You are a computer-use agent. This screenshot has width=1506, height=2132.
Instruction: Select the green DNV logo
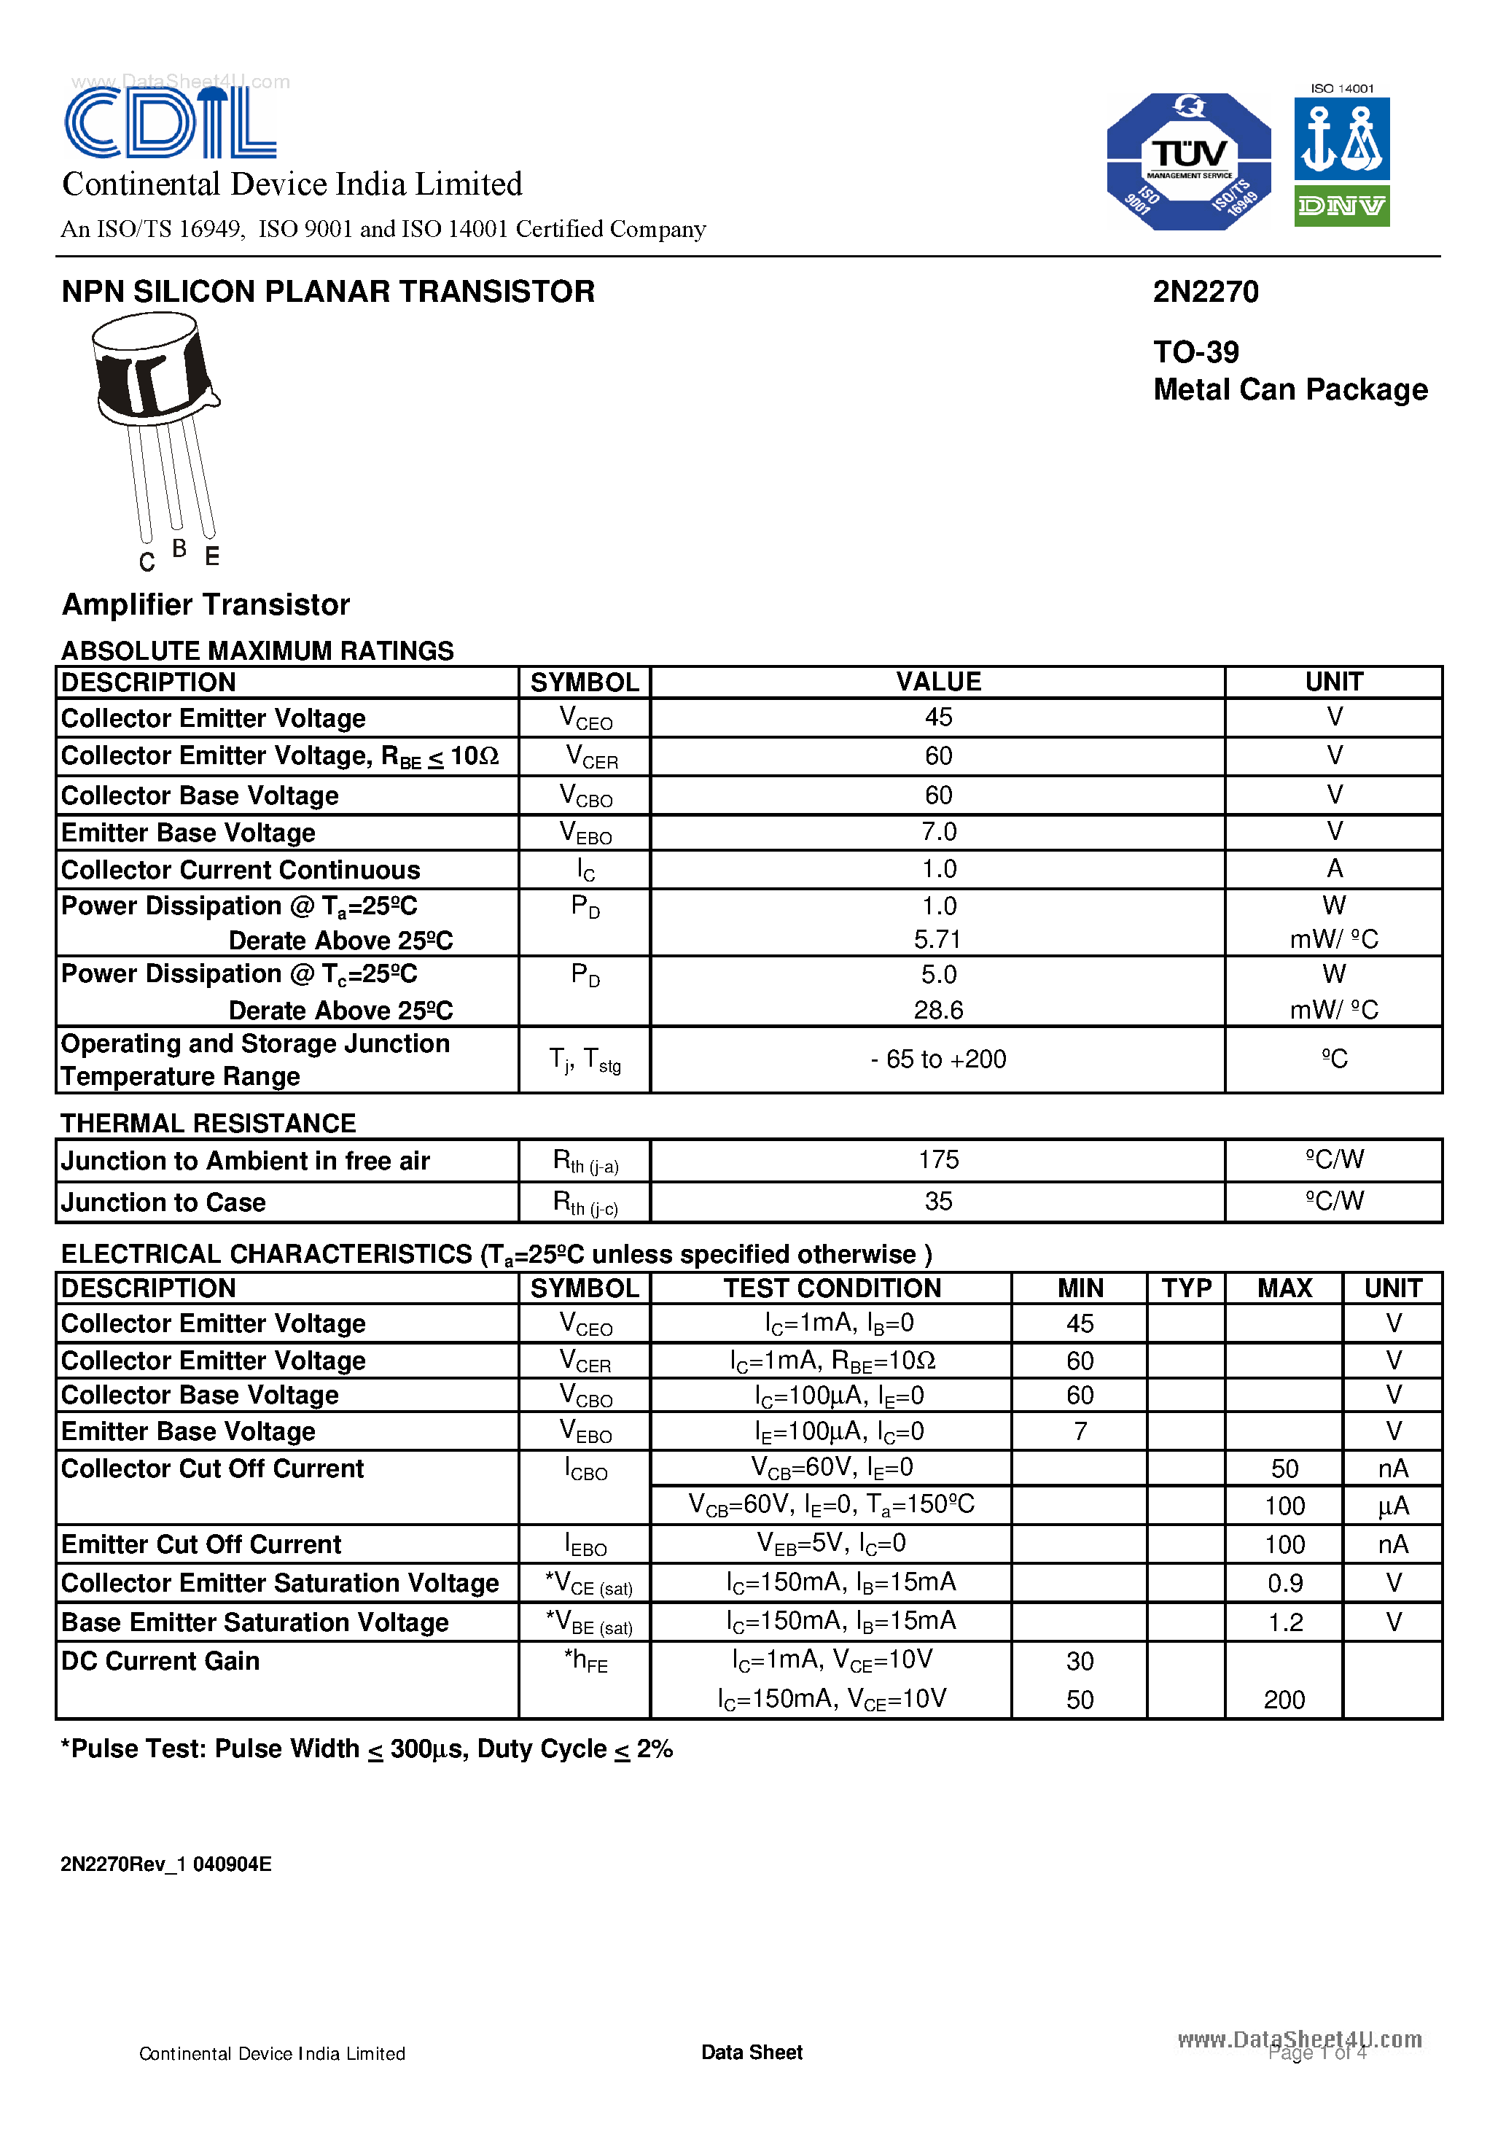click(1342, 205)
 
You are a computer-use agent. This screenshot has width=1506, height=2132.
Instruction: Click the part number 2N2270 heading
click(1205, 292)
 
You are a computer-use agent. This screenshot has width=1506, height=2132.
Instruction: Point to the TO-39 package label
click(1196, 352)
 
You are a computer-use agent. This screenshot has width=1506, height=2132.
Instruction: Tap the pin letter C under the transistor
click(147, 561)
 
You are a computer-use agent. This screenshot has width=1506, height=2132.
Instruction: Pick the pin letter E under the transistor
click(211, 556)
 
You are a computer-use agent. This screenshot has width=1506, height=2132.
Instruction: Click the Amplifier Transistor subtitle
click(205, 604)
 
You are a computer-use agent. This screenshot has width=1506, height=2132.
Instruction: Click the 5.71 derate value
click(937, 940)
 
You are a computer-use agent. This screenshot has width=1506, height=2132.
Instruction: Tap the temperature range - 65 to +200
click(937, 1059)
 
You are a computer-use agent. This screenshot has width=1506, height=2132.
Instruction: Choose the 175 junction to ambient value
click(937, 1160)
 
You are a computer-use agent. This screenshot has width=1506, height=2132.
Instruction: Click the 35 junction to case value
click(937, 1202)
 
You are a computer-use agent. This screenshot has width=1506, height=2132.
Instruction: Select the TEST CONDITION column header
click(832, 1288)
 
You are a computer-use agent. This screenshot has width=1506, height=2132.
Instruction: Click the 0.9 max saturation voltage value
click(1285, 1583)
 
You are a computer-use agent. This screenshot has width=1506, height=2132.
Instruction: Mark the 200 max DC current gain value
click(1284, 1700)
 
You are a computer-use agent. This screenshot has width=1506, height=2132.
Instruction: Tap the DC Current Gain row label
click(160, 1661)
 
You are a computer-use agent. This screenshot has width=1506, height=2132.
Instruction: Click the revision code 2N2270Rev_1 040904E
click(166, 1864)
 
